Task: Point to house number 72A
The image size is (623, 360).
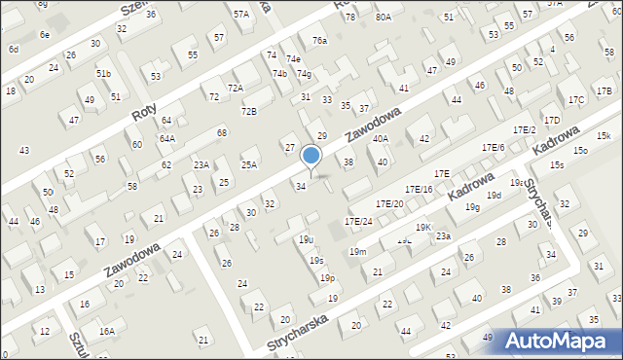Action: (235, 88)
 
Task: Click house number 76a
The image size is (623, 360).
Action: (319, 41)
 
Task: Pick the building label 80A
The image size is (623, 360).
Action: (384, 18)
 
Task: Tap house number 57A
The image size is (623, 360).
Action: (240, 15)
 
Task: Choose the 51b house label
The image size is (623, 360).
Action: (103, 74)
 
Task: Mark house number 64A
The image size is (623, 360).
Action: (167, 138)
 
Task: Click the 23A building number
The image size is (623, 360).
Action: (201, 165)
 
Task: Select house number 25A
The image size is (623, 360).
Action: (249, 165)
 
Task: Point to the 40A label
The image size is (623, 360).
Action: (381, 139)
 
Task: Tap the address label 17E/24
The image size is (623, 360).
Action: (358, 222)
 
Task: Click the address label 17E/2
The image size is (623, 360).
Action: (525, 129)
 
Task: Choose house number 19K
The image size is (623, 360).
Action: (423, 227)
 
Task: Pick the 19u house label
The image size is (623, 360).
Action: (306, 239)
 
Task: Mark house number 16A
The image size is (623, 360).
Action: (105, 332)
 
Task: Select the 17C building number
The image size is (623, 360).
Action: (576, 100)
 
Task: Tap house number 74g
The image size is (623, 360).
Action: (304, 74)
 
